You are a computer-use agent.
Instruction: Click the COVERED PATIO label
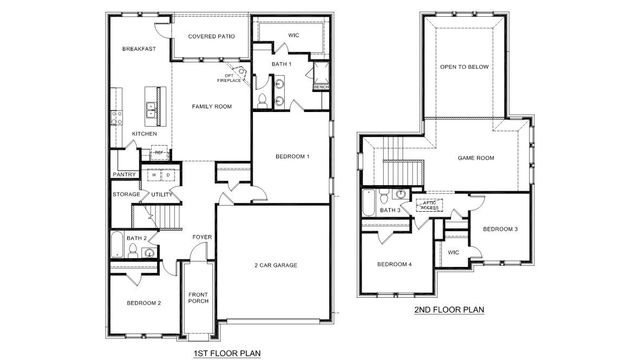[x=211, y=36]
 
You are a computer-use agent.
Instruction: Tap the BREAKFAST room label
[x=139, y=48]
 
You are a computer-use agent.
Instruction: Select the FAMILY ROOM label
[x=212, y=106]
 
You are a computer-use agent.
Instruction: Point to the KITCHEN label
[x=145, y=134]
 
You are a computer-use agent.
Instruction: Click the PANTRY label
[x=124, y=174]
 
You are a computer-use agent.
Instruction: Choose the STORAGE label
[x=126, y=194]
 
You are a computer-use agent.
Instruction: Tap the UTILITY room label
[x=163, y=194]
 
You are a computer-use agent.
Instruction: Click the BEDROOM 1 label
[x=294, y=156]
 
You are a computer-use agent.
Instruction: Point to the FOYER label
[x=202, y=237]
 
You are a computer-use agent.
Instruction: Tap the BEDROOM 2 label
[x=143, y=302]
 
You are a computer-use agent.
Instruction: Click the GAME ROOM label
[x=476, y=158]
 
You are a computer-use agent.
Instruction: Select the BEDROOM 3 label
[x=500, y=229]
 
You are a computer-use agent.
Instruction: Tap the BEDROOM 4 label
[x=394, y=264]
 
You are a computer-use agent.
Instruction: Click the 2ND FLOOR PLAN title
[x=449, y=310]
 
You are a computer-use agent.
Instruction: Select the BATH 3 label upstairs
[x=390, y=210]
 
